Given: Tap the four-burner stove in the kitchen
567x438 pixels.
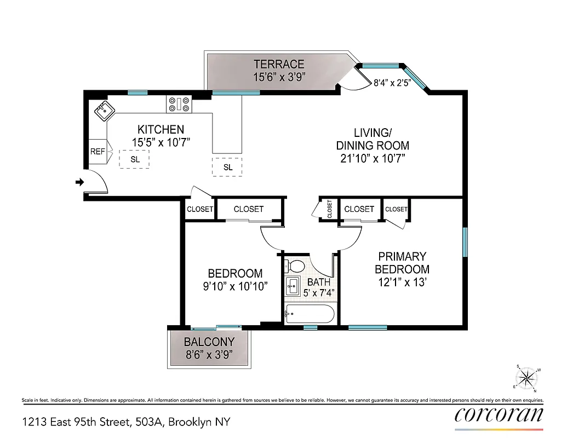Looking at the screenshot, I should [x=179, y=104].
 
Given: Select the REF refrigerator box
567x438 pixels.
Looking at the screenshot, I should [x=98, y=151].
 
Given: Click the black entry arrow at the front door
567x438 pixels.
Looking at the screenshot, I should [x=79, y=182].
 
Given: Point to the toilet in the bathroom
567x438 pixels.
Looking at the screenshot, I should [x=295, y=267].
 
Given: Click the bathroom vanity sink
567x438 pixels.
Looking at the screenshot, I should [x=292, y=285].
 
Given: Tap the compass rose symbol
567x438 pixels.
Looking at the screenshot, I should [x=526, y=378].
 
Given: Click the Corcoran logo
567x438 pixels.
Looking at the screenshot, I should [x=499, y=414].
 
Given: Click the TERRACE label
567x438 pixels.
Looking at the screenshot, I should [x=278, y=65].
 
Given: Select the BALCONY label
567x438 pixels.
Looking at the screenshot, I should [x=209, y=342].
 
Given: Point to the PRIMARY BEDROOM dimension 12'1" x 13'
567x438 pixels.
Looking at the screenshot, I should [x=402, y=282].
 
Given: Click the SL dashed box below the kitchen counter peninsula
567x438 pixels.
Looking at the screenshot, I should [x=228, y=167].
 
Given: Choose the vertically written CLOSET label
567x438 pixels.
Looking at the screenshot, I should [x=330, y=209].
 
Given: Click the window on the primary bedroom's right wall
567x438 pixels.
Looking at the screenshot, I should [x=465, y=242].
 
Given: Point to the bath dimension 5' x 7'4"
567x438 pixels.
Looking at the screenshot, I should [x=319, y=293].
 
